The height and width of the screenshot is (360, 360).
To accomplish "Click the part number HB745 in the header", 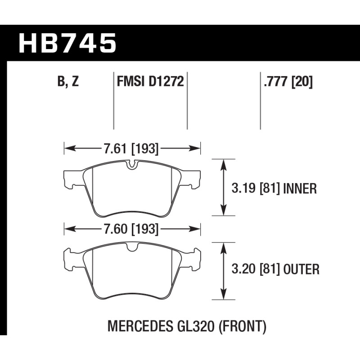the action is (67, 43).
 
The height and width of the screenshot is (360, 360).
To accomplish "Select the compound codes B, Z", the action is (68, 81).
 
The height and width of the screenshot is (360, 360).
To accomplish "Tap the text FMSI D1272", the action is (150, 81).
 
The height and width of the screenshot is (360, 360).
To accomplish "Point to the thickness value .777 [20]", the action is (288, 81).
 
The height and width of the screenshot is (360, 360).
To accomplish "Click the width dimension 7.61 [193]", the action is (131, 148).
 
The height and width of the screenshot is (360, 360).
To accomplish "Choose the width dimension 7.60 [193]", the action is (131, 229).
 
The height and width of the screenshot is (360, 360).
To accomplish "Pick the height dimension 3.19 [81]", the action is (256, 189).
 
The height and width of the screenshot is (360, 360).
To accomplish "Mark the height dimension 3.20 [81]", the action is (256, 269).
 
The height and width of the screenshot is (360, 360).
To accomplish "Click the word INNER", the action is (300, 189).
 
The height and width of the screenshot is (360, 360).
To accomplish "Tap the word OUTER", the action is (301, 269).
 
